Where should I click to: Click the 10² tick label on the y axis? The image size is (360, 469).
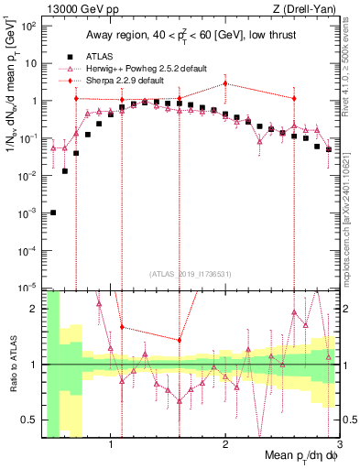pyautogui.click(x=28, y=26)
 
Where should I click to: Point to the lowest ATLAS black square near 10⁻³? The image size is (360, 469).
pyautogui.click(x=53, y=213)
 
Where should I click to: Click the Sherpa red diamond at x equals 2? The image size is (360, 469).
pyautogui.click(x=225, y=83)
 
